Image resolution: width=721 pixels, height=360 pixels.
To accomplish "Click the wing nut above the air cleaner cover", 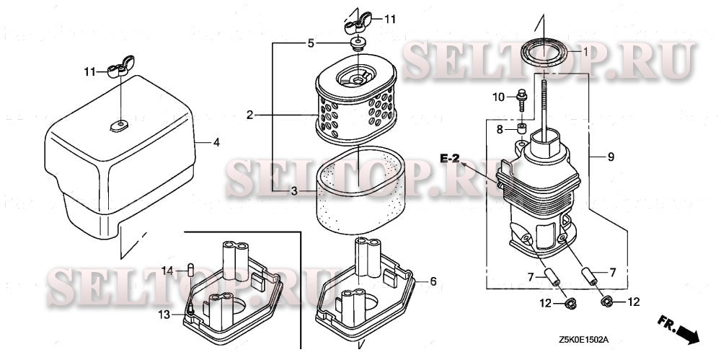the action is coord(120,66).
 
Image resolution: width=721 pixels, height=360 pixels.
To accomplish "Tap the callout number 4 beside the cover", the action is coord(216,143).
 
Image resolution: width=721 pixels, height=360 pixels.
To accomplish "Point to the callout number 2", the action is coord(249,115).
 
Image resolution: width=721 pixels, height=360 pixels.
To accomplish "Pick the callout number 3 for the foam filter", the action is coord(294,191).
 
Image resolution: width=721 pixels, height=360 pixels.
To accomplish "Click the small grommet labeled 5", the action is coord(358,45).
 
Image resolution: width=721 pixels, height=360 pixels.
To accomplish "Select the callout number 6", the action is coord(433,281).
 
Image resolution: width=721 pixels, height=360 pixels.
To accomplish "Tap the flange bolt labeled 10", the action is coord(522,100).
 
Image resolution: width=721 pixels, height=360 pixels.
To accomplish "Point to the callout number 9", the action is coord(611,157).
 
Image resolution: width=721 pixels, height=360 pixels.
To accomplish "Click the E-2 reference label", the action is coord(449,159).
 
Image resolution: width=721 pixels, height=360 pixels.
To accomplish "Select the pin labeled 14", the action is coord(190,270).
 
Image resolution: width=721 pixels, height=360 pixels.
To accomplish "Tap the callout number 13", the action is coord(164,315).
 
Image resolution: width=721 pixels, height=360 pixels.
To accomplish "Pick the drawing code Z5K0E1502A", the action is coord(584,341).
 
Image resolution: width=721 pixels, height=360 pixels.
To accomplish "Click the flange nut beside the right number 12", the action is coord(606,302).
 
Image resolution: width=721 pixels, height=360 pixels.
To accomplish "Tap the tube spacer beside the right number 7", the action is coord(589,276).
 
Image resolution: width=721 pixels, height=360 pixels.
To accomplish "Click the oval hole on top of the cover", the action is coord(119,126).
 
